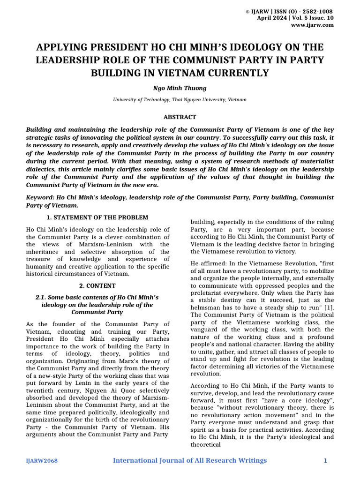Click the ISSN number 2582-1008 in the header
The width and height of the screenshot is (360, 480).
[x=319, y=11]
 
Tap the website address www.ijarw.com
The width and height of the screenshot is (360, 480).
[x=318, y=25]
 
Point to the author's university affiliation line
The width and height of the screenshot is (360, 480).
[x=180, y=100]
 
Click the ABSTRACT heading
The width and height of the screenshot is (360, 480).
[x=180, y=117]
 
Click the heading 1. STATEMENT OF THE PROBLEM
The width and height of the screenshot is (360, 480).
[x=97, y=217]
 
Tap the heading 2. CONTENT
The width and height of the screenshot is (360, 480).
[x=97, y=285]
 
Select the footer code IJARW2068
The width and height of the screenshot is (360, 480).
[x=42, y=461]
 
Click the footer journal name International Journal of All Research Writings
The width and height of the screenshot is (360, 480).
[x=190, y=460]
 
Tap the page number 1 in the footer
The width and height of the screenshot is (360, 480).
[x=325, y=461]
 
